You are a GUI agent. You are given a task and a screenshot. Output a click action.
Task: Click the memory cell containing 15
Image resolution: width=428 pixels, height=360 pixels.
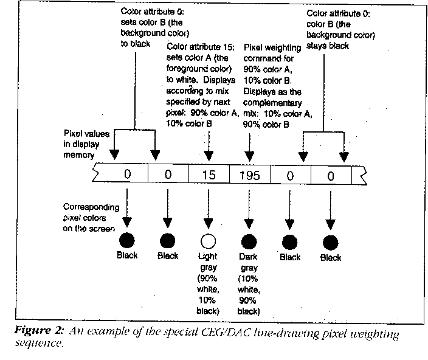(209, 175)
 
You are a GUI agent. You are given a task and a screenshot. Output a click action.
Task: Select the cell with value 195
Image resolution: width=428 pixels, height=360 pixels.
(249, 175)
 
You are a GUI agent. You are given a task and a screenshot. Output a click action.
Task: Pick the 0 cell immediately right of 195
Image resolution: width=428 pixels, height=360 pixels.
(291, 175)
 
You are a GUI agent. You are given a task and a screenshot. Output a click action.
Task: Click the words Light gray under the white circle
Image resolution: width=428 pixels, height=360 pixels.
(209, 261)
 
